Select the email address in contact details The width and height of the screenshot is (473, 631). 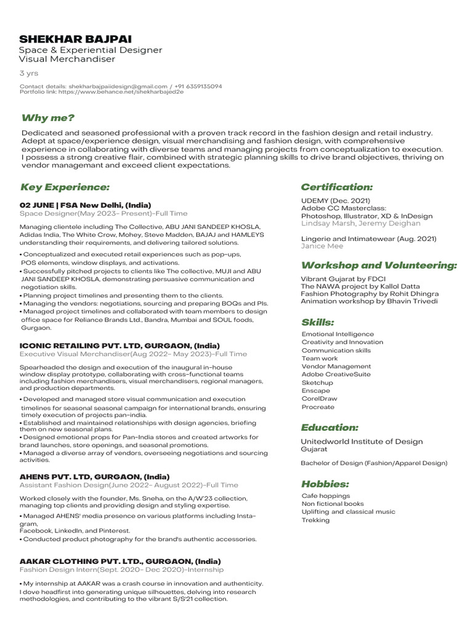118,86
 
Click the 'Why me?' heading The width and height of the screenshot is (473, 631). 47,118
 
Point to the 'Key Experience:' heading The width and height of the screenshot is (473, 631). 65,187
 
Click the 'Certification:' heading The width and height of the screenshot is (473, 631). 336,186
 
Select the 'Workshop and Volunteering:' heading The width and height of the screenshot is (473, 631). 379,265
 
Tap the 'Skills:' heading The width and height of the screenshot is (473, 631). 318,322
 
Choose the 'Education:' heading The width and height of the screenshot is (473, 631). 329,427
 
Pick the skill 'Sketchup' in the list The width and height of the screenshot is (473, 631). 317,383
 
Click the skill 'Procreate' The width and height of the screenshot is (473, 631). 318,407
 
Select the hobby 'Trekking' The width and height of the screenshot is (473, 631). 315,520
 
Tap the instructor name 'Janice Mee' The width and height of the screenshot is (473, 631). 321,246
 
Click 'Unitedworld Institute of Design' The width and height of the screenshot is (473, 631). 362,441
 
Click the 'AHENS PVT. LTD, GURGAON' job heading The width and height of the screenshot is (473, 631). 94,476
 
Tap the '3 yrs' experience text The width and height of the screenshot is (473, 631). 29,73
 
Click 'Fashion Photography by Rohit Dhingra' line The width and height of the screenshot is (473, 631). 370,294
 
